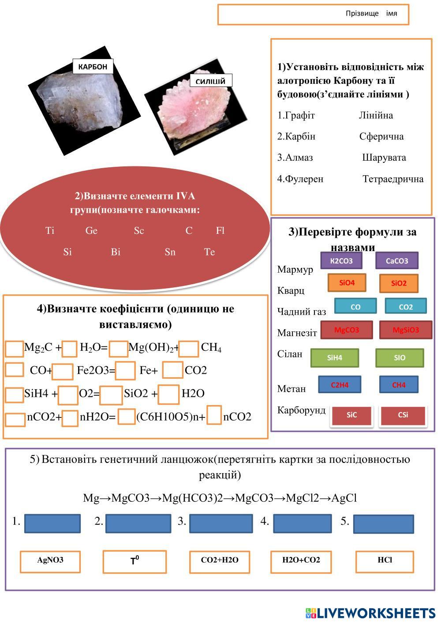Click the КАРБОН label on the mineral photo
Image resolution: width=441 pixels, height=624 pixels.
coord(93,67)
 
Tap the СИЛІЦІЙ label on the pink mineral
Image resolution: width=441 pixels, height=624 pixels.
coord(210,81)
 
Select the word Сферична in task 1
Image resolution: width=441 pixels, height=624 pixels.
coord(381,136)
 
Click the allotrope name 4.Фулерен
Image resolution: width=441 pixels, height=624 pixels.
coord(300,179)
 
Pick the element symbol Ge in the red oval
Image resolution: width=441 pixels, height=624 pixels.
coord(91,231)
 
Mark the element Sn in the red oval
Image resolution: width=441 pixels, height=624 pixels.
coord(170,252)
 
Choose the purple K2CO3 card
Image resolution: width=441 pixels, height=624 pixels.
coord(341,261)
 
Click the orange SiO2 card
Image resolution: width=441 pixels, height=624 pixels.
coord(398,283)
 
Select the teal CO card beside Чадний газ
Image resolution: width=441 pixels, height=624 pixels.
coord(355,307)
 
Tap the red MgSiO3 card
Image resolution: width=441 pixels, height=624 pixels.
coord(405,330)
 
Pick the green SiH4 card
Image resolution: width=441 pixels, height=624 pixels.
coord(334,358)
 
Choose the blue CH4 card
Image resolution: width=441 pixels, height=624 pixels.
coord(398,385)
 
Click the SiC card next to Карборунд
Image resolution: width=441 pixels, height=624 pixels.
coord(351,415)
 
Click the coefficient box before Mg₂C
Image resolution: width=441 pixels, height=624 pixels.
coord(14,349)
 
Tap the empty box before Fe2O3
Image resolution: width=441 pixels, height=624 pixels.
coord(62,371)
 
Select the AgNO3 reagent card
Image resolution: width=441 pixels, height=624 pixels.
coord(50,560)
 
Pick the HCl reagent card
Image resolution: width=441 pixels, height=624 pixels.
coord(385,560)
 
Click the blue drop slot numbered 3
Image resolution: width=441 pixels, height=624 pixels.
coord(220,523)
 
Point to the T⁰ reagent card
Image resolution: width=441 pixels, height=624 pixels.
coord(135,561)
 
